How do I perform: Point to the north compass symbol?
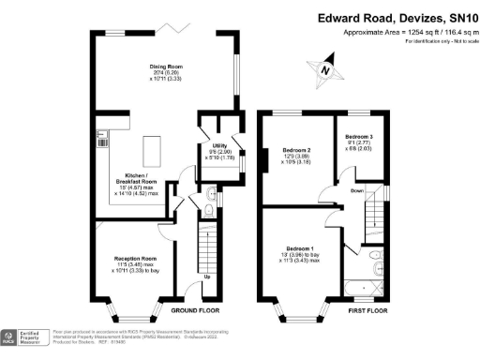pyautogui.click(x=324, y=68)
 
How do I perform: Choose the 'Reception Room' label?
pyautogui.click(x=135, y=258)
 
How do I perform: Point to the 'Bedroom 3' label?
pyautogui.click(x=358, y=136)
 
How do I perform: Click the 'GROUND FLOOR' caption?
pyautogui.click(x=195, y=308)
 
